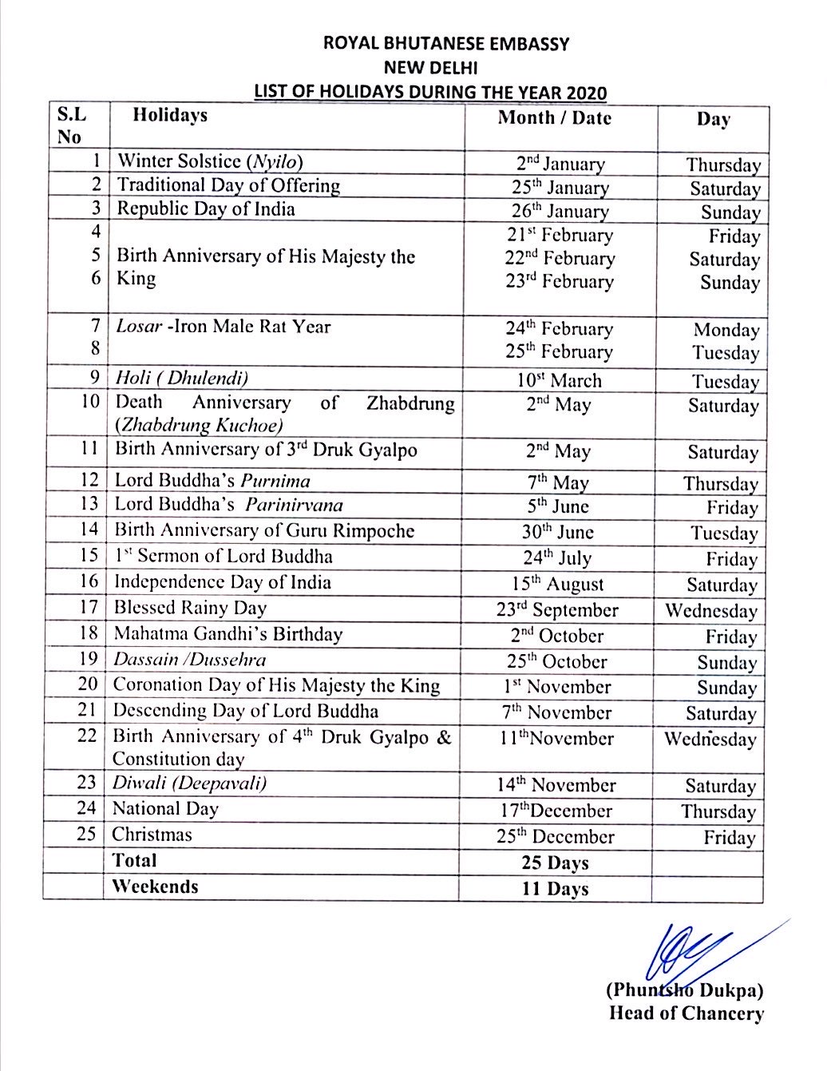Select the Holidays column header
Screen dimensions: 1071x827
[170, 116]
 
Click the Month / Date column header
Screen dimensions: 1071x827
[555, 118]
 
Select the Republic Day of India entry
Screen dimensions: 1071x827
[206, 209]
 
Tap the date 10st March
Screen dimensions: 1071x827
[559, 380]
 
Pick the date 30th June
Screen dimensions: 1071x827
[559, 532]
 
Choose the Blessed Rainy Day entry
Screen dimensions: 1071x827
[190, 608]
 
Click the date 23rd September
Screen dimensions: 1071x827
[557, 610]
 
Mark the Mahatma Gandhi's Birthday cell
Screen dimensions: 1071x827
[228, 635]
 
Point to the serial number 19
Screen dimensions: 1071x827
[88, 660]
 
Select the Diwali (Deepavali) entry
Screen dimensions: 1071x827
[189, 783]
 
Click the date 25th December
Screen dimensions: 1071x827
[556, 836]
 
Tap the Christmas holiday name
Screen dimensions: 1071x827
[152, 835]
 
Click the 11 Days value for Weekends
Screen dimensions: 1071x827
[556, 888]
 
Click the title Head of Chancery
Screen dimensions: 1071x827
[687, 1014]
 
